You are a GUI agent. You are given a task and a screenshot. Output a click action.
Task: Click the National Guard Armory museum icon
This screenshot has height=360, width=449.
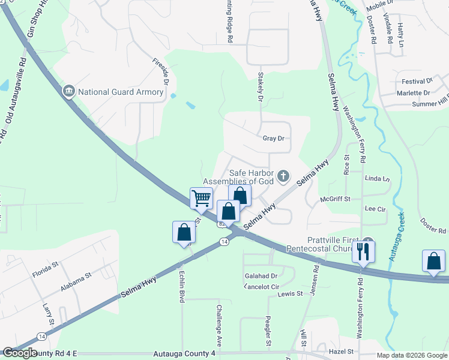pos(68,92)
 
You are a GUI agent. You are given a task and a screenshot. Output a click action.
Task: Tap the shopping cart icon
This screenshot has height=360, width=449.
pos(201,197)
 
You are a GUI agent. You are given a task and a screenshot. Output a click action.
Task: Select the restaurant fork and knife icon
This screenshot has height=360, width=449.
pos(363,250)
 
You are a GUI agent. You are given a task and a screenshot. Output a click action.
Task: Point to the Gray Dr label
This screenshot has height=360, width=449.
pos(273,139)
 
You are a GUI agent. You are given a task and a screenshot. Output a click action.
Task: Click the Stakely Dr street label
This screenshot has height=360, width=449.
pos(261,86)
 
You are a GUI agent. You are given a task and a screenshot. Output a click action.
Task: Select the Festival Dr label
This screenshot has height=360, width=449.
pos(417,81)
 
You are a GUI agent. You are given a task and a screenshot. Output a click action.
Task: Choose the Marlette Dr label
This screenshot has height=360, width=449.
pos(414,93)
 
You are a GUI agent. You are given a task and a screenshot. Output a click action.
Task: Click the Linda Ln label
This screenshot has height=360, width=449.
pos(378,179)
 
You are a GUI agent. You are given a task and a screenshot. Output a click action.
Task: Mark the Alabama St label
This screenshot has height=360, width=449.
pos(75,281)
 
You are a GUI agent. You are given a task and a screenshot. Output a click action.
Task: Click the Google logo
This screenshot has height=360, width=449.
pos(20,353)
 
